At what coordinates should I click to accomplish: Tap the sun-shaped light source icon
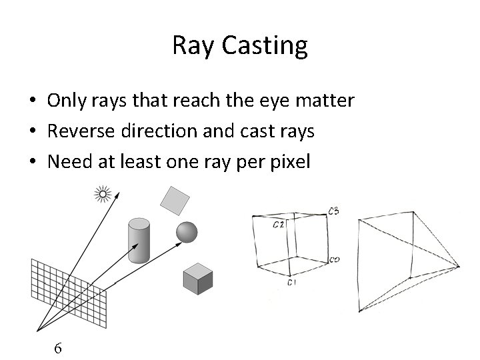[103, 195]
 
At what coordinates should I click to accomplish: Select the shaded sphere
[187, 232]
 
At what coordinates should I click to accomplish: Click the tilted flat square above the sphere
[175, 199]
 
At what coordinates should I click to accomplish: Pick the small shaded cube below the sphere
[198, 279]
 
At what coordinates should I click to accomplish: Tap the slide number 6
[59, 347]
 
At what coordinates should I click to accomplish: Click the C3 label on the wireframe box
[333, 211]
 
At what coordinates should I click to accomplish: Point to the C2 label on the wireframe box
[279, 225]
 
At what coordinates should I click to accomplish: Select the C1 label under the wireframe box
[291, 283]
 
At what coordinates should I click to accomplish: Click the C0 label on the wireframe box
[334, 259]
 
